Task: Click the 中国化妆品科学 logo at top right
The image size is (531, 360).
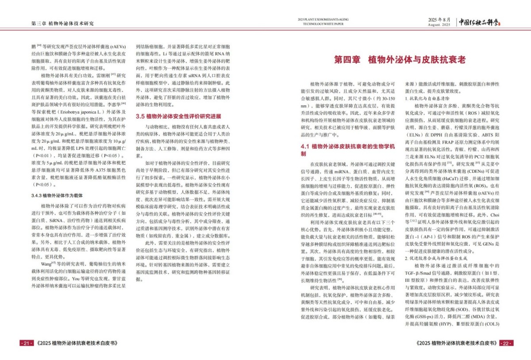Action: (483, 21)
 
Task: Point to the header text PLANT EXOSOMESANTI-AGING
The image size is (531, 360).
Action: (323, 19)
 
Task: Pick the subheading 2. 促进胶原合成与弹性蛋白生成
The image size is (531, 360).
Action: (437, 258)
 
